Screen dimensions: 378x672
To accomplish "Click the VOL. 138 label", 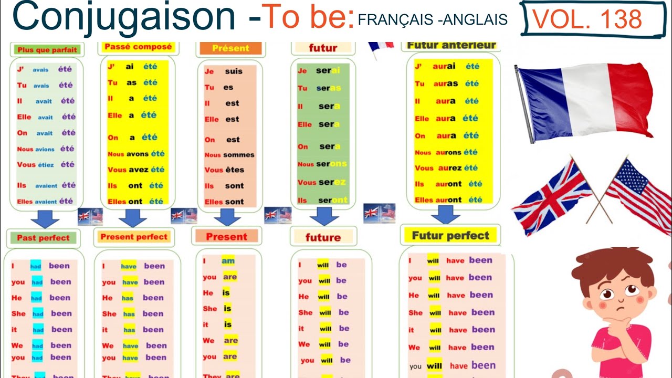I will [x=587, y=19].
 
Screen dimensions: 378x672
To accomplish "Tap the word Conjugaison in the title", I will [x=124, y=17].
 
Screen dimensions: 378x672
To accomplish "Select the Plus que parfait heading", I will [x=47, y=50].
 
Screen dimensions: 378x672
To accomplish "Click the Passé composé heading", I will [x=138, y=47].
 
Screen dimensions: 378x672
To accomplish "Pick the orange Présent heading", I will [x=230, y=48].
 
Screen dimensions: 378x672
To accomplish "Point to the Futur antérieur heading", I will [x=451, y=45].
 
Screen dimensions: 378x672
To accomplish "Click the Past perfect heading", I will [x=43, y=238].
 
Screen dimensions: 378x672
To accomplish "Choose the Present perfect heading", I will [x=134, y=237].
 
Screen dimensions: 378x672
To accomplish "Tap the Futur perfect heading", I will [x=450, y=236].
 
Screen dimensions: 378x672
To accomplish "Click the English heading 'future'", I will [x=323, y=237].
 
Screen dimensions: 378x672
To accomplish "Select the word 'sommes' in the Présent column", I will [x=238, y=155].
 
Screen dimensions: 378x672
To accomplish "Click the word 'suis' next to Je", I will [x=234, y=71].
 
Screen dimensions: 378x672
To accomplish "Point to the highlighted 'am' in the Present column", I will [x=228, y=261].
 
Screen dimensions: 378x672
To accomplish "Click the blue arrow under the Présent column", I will [x=227, y=217].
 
